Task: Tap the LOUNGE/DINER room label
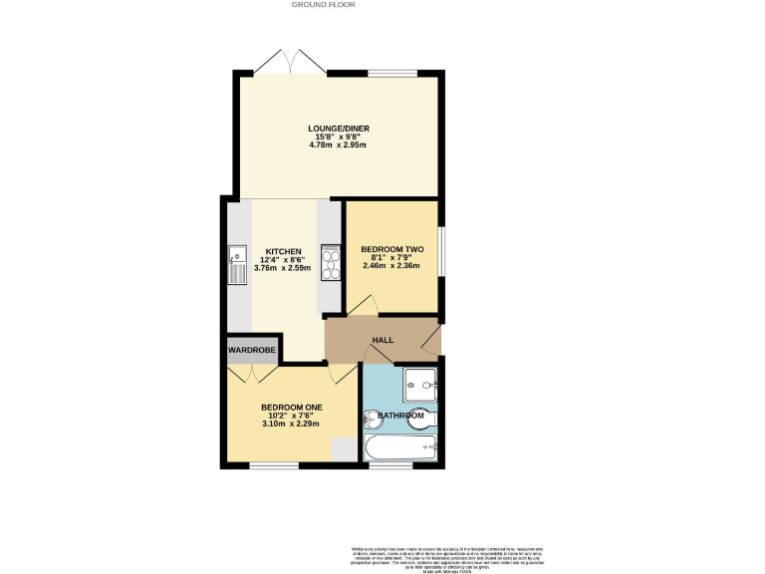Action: click(338, 128)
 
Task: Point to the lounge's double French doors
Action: click(290, 62)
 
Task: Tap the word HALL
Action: click(382, 340)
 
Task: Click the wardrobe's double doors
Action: click(252, 374)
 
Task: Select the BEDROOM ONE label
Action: click(291, 407)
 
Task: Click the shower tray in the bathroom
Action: click(421, 381)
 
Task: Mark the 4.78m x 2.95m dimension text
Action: click(338, 145)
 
